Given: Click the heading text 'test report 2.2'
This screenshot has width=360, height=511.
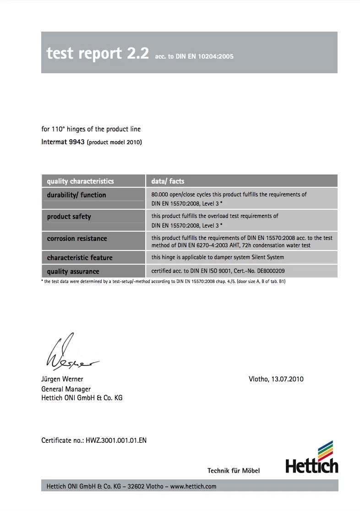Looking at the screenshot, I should (98, 54).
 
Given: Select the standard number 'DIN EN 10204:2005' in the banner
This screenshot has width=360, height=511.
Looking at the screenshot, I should (205, 56).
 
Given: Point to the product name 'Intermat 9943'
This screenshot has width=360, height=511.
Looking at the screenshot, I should (63, 142).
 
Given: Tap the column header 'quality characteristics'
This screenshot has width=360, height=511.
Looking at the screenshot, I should (80, 181).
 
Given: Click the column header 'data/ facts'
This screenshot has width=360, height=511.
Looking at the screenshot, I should (168, 181).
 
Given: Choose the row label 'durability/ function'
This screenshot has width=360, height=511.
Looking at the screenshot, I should (76, 195).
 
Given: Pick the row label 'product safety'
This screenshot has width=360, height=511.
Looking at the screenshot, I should (69, 217).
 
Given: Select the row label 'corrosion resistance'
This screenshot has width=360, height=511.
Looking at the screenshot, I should (76, 239).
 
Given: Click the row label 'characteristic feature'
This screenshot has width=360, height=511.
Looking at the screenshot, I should (79, 257).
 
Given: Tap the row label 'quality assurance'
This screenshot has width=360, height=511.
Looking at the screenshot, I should (73, 272).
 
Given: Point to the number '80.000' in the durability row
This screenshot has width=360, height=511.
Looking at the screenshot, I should (160, 195).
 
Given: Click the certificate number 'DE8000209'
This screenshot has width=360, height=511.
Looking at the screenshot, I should (271, 271).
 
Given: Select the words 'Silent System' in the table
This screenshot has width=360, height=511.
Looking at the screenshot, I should (267, 257).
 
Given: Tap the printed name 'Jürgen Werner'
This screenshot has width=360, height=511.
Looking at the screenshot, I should (62, 379).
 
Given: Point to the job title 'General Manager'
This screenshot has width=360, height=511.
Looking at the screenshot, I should (66, 389).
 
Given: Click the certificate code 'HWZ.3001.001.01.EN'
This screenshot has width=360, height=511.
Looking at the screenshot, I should (116, 440).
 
